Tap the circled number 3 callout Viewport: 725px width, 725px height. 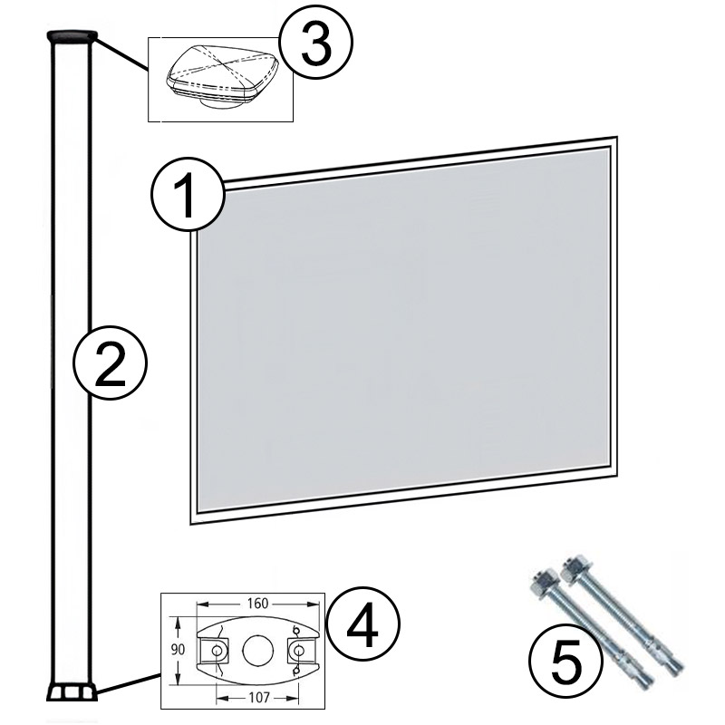[314, 45]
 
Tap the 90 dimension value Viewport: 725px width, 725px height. [179, 651]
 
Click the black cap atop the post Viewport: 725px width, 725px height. [71, 35]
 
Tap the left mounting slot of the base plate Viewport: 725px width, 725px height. [215, 651]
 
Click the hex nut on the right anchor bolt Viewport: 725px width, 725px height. [574, 568]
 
